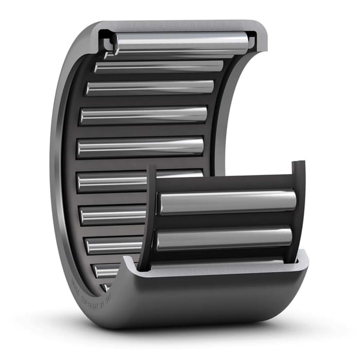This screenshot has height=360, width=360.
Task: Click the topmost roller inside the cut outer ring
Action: pyautogui.click(x=180, y=43)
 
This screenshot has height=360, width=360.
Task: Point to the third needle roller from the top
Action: pyautogui.click(x=149, y=87)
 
